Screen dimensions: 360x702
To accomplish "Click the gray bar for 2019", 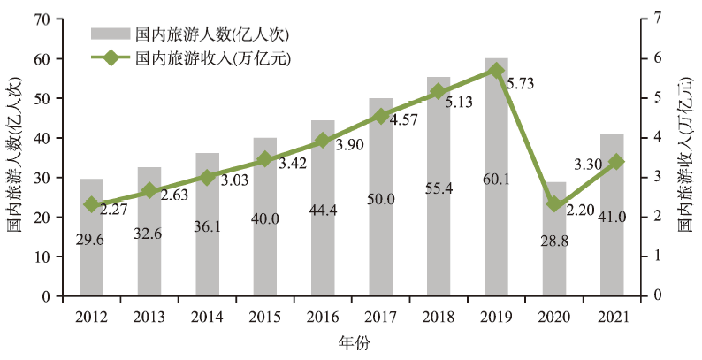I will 496,177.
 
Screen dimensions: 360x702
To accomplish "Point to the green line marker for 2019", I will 496,70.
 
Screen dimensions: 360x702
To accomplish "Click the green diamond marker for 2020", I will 554,204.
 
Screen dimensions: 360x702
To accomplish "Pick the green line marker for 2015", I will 264,160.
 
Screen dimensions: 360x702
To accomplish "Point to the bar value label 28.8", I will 554,241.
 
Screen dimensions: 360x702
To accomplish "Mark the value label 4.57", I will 403,119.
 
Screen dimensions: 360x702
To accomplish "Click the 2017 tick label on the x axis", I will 380,317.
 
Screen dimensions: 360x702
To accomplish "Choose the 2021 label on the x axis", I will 612,317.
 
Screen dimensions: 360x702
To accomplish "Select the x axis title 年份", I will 351,342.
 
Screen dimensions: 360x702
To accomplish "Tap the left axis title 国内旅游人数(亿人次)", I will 16,156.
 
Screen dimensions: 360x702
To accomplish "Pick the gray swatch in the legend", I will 110,34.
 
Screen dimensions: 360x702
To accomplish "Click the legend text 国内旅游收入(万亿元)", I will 213,58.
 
